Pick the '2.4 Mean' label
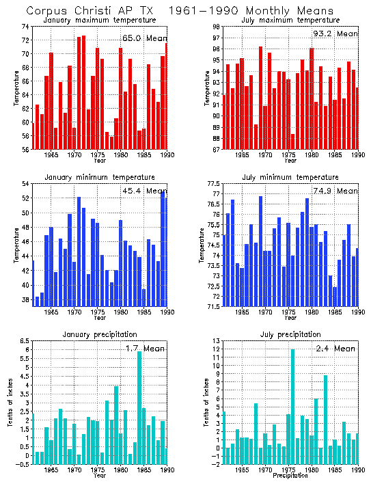click(x=335, y=348)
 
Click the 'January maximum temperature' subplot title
click(x=100, y=21)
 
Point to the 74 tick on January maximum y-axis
click(x=25, y=26)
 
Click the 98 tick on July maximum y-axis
click(x=217, y=26)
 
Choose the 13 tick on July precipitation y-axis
click(x=217, y=340)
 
